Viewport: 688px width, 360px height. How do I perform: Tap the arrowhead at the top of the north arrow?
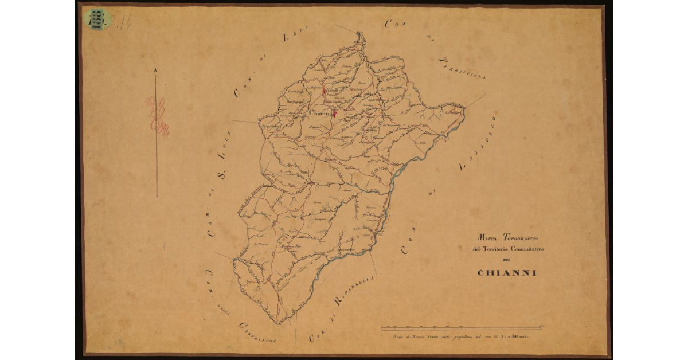tap(157, 70)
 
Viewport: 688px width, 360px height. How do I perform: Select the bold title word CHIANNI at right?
tap(507, 273)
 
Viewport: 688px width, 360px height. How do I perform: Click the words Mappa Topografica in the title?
tap(506, 237)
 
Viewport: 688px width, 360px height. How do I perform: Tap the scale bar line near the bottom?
tap(462, 328)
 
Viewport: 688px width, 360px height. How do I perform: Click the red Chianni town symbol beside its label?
tap(334, 114)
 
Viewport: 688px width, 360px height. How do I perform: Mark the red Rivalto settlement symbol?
tap(324, 91)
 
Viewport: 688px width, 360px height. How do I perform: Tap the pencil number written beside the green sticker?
tap(125, 22)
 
